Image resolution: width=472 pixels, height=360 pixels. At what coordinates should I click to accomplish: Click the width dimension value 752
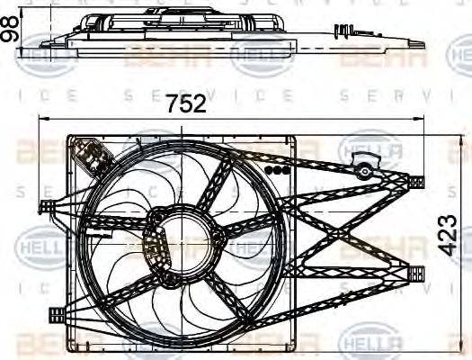click(187, 103)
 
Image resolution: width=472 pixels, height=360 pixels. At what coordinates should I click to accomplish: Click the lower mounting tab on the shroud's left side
click(56, 313)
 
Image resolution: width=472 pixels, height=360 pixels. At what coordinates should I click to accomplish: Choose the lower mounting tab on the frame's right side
click(414, 274)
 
